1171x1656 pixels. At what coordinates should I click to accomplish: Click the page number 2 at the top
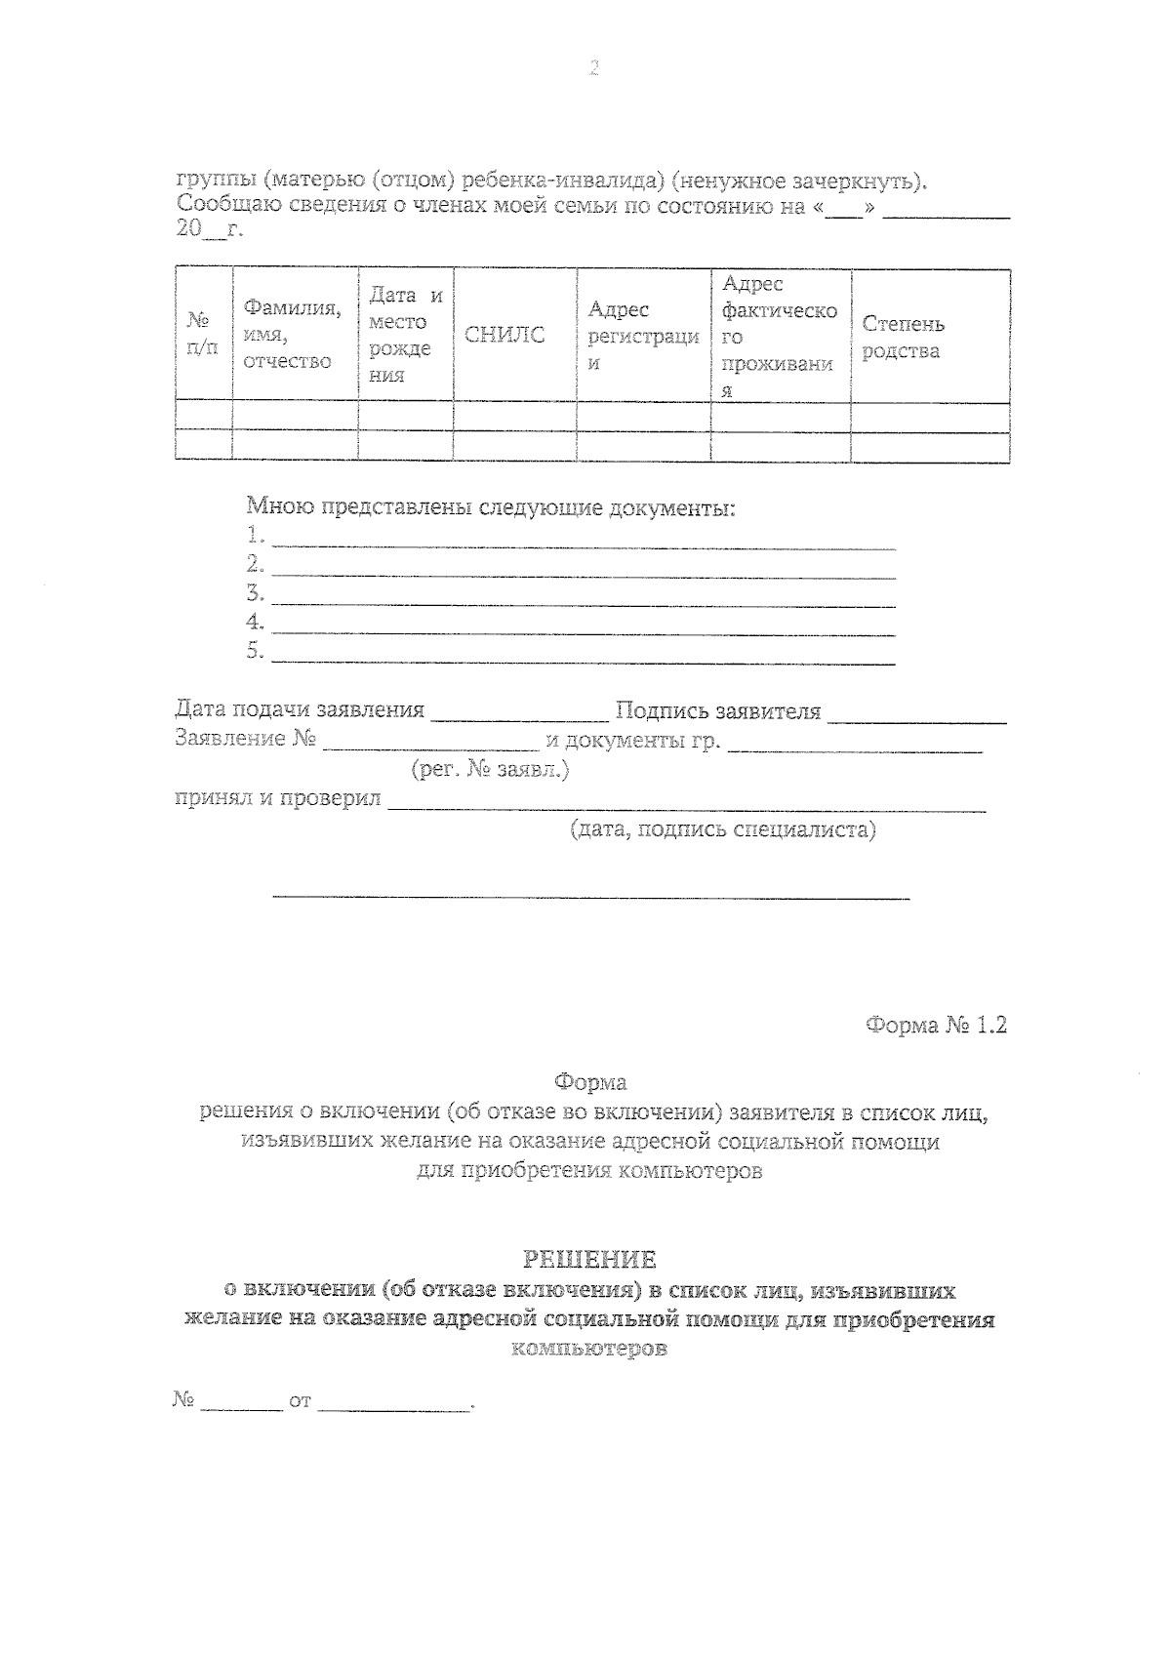coord(592,68)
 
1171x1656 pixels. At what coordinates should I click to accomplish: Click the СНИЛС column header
coord(505,336)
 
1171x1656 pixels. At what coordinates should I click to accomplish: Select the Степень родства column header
coord(903,338)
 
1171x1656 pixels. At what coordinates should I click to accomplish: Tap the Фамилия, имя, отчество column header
coord(292,335)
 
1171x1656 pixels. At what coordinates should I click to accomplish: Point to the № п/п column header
coord(202,334)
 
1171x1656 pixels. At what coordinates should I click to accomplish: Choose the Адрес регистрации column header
coord(642,336)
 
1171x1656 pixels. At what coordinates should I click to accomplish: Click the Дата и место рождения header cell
coord(405,335)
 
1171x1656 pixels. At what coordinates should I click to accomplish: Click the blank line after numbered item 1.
coord(583,541)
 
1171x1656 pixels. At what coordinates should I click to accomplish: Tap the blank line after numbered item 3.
coord(583,598)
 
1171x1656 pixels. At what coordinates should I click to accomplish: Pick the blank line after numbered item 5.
coord(583,656)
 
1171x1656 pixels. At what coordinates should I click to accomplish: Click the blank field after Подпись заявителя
coord(916,714)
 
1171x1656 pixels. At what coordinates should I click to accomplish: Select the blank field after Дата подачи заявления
coord(519,714)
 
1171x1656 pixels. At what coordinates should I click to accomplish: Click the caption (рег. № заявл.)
coord(490,770)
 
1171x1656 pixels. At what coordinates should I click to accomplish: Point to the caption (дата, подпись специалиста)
coord(722,830)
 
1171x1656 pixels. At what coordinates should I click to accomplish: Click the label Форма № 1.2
coord(935,1026)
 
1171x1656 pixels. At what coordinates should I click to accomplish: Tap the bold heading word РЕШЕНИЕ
coord(589,1259)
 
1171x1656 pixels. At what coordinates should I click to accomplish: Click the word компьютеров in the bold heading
coord(589,1351)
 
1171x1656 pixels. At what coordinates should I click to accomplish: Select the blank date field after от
coord(393,1402)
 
